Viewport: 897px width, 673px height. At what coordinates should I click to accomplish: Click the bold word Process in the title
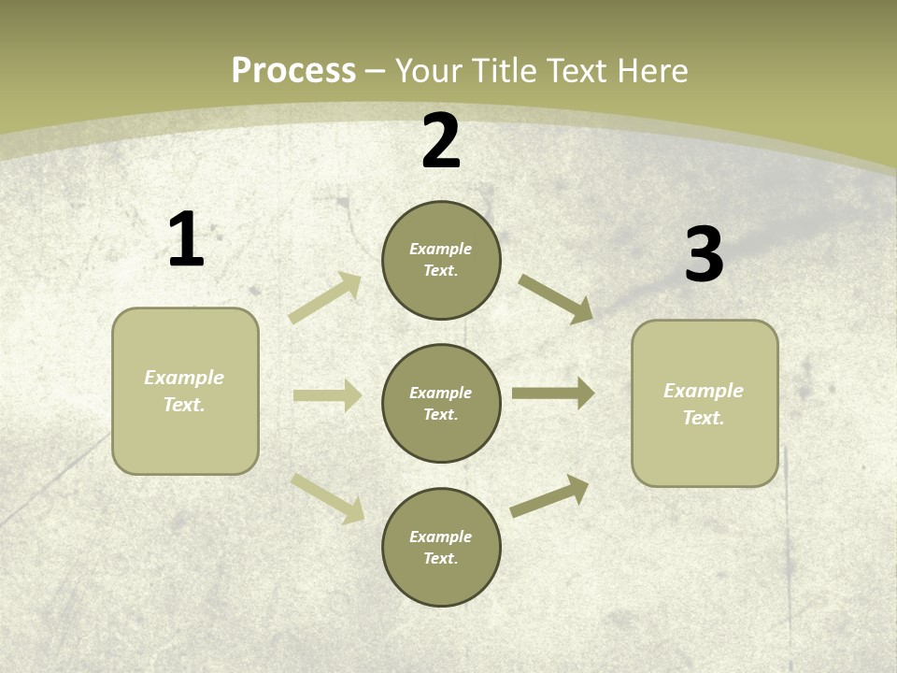pyautogui.click(x=293, y=71)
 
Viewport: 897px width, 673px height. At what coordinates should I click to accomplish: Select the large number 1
pyautogui.click(x=186, y=240)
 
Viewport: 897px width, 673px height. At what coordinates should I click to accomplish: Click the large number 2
pyautogui.click(x=441, y=142)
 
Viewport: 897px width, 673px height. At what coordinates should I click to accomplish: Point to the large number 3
pyautogui.click(x=704, y=255)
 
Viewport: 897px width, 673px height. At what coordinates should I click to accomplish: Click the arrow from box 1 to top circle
pyautogui.click(x=325, y=298)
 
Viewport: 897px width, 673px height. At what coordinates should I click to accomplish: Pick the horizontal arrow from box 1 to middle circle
pyautogui.click(x=327, y=395)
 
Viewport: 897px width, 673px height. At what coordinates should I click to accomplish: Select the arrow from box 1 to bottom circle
pyautogui.click(x=328, y=497)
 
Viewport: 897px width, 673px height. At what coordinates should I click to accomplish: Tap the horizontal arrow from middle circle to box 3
pyautogui.click(x=553, y=393)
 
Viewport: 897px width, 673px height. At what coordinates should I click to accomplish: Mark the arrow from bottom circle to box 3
pyautogui.click(x=550, y=495)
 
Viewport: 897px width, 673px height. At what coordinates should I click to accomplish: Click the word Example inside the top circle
pyautogui.click(x=441, y=249)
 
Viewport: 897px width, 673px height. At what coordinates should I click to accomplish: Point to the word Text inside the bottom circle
pyautogui.click(x=439, y=559)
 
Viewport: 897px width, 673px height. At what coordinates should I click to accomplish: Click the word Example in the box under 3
pyautogui.click(x=704, y=391)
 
